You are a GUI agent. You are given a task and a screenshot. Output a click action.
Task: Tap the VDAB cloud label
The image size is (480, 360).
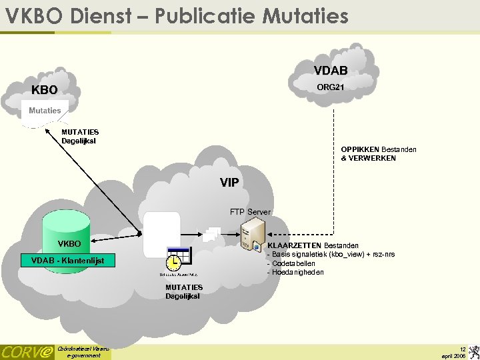point(331,71)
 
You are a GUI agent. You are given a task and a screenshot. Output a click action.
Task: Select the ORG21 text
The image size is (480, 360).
point(331,87)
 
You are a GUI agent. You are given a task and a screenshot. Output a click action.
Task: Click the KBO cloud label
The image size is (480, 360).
point(45,90)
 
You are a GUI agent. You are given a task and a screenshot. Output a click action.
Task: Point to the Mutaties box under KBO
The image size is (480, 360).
point(45,110)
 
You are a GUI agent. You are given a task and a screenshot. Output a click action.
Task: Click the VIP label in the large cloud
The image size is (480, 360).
point(229,182)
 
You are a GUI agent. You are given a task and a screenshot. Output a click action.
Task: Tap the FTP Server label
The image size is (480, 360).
point(250,212)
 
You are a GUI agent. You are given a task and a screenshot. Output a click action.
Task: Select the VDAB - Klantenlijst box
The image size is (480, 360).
point(68,260)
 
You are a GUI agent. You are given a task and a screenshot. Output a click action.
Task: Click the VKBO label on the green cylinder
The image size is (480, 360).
point(69,244)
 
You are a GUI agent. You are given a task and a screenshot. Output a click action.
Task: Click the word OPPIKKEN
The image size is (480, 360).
point(360,149)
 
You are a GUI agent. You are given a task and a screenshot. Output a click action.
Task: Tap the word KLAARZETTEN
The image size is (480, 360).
point(294,246)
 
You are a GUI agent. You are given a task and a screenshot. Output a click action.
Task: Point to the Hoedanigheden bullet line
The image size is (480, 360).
point(296,272)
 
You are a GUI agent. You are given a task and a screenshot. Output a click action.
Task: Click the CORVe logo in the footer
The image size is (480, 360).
point(27,351)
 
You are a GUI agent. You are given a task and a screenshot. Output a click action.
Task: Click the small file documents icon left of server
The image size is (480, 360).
point(212,233)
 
